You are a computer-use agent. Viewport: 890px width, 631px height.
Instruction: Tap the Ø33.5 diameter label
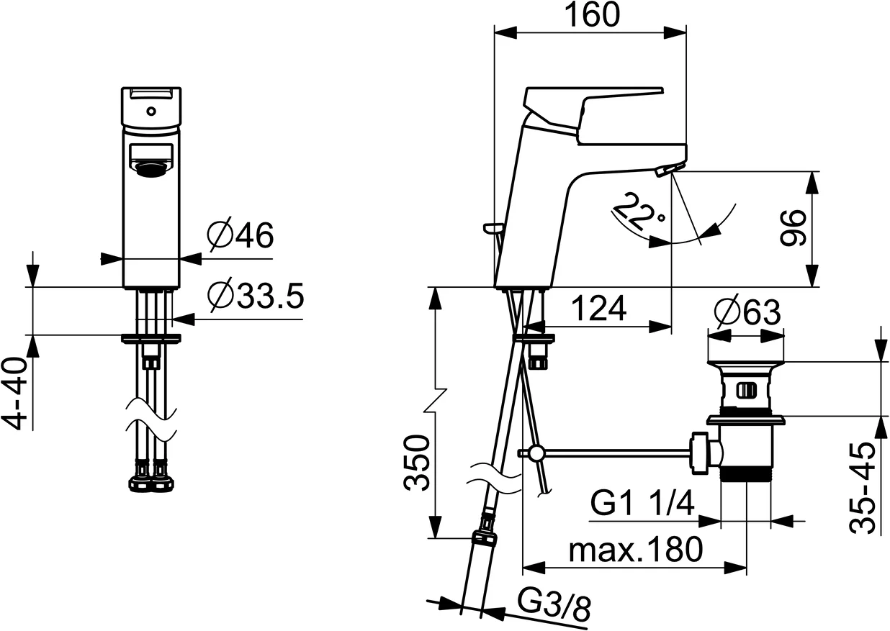pyautogui.click(x=254, y=296)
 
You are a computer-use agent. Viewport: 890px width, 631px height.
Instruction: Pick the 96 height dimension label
pyautogui.click(x=792, y=229)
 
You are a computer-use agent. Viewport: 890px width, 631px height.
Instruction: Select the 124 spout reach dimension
pyautogui.click(x=598, y=309)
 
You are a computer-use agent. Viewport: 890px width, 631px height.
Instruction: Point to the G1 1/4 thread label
pyautogui.click(x=643, y=504)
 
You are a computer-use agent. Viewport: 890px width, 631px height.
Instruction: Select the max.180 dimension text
pyautogui.click(x=635, y=550)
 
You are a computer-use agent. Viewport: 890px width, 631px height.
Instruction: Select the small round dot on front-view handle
pyautogui.click(x=150, y=112)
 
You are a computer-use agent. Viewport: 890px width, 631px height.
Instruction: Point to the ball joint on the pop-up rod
pyautogui.click(x=535, y=453)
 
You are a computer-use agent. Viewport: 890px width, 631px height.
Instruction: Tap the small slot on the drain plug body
pyautogui.click(x=746, y=391)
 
